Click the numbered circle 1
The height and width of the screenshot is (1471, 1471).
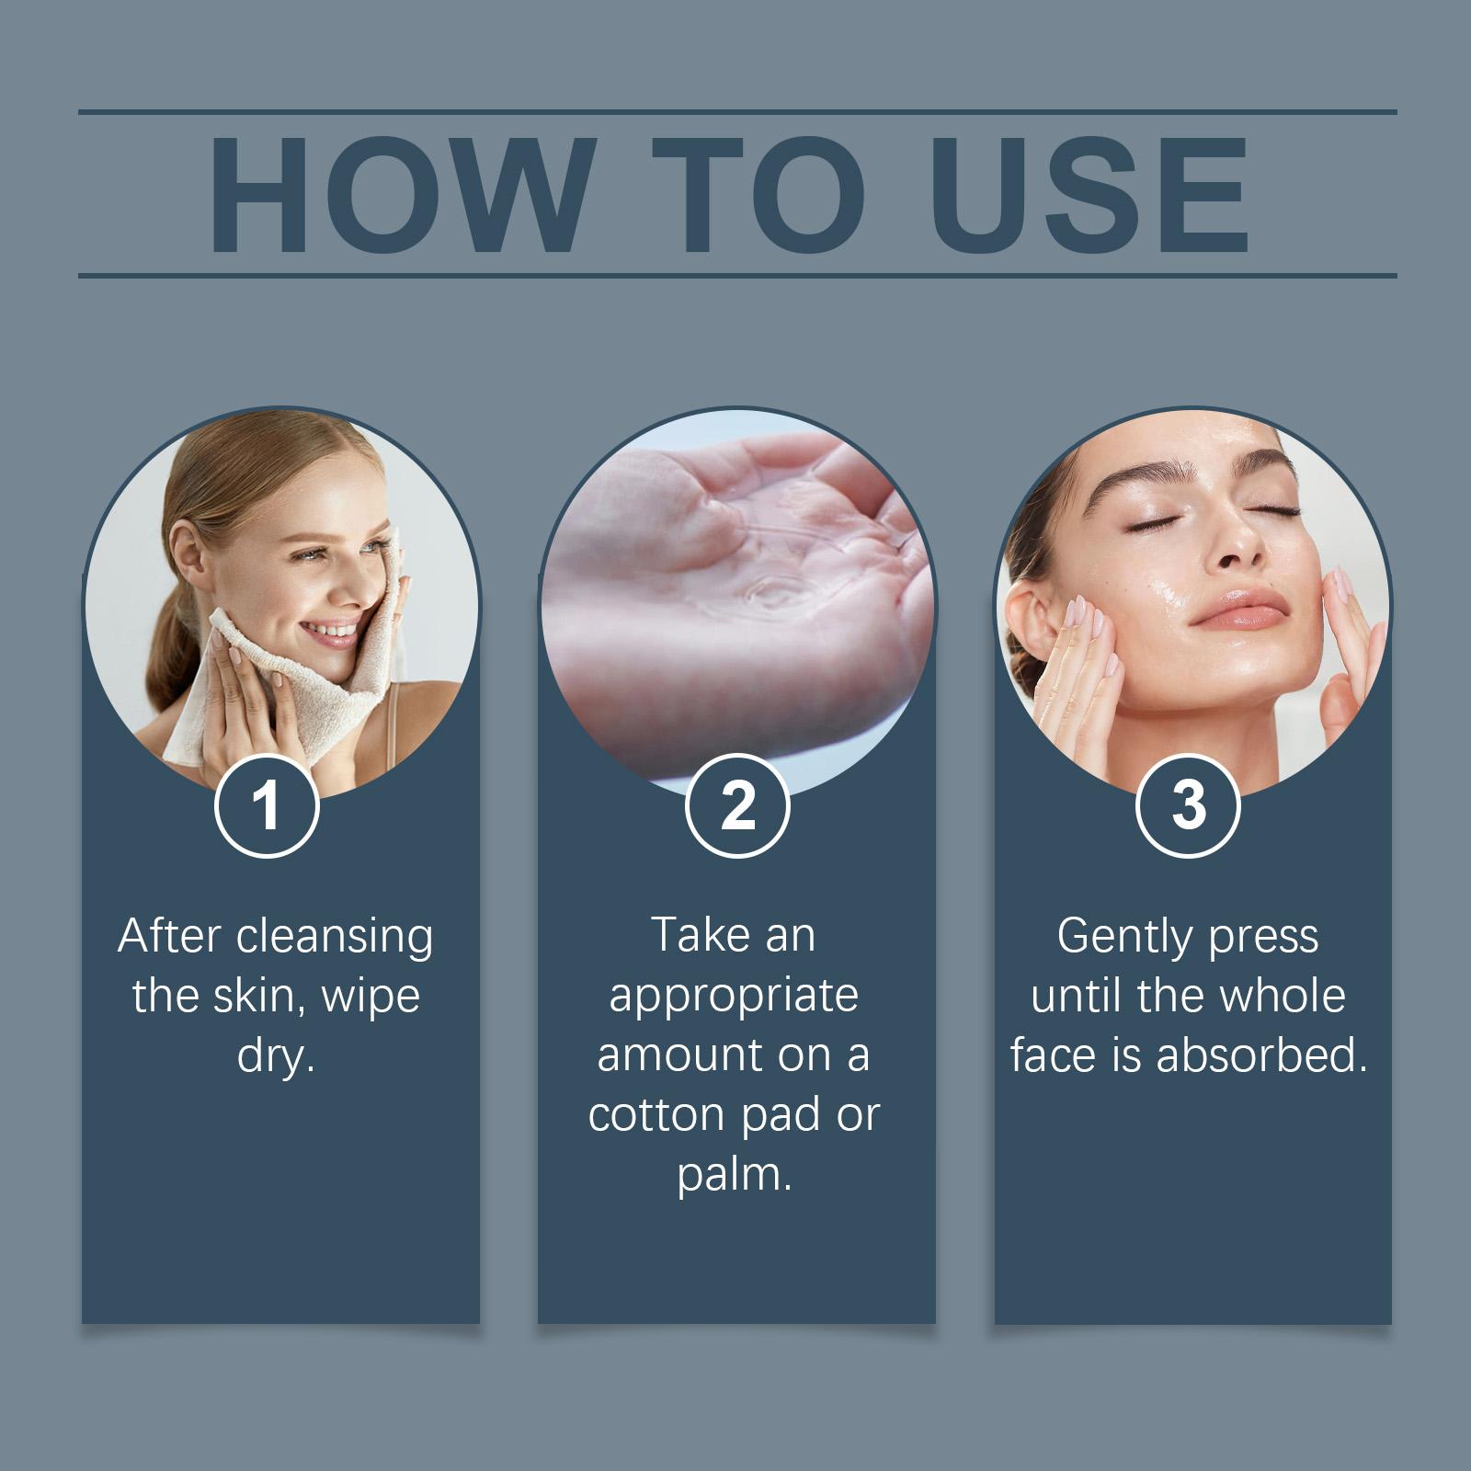267,805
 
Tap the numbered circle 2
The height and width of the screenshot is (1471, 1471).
737,805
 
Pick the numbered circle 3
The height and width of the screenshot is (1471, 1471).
1188,805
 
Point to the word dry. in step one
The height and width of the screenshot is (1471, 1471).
276,1055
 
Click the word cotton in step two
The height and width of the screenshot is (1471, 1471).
657,1115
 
